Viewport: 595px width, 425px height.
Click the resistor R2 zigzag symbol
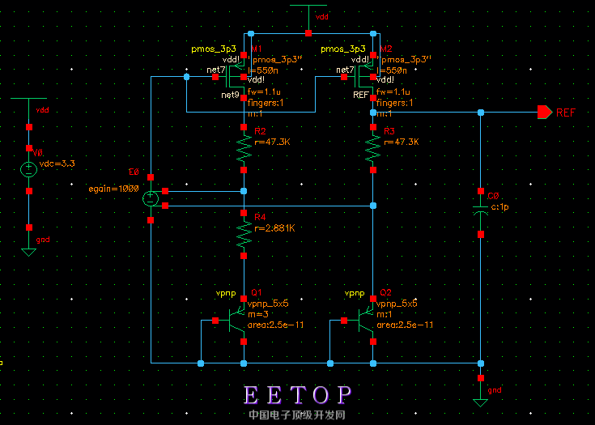[x=244, y=149]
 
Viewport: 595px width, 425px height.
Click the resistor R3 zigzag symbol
[x=372, y=149]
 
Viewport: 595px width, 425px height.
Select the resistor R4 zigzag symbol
[x=244, y=234]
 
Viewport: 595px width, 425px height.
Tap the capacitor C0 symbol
[x=481, y=212]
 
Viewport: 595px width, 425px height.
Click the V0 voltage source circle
[x=29, y=171]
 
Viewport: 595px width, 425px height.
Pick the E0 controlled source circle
[x=151, y=198]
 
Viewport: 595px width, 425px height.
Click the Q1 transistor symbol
[x=237, y=321]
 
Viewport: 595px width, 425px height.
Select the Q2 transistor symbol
[x=366, y=321]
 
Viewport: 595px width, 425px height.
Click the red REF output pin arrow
[x=544, y=113]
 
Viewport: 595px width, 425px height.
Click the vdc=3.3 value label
[x=57, y=164]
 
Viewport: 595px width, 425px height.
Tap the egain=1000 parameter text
[x=115, y=188]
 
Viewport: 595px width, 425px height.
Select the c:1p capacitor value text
[x=499, y=206]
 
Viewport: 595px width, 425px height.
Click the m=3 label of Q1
[x=257, y=314]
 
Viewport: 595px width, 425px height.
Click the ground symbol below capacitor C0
[x=481, y=401]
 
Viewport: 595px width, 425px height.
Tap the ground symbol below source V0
[x=29, y=251]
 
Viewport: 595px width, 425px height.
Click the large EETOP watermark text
[x=298, y=395]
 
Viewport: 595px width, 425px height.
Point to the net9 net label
[x=230, y=95]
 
